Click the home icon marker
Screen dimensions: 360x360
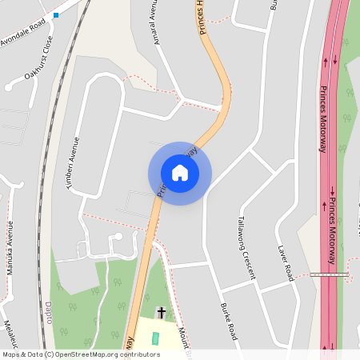(180, 173)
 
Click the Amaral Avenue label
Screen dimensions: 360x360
(154, 22)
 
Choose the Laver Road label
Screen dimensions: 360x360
(284, 262)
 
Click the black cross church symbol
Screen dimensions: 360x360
(161, 312)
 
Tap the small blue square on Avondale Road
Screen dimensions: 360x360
(56, 15)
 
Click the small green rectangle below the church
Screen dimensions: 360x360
(156, 338)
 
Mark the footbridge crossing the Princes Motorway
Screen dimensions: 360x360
(330, 274)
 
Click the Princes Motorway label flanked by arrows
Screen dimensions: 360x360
(331, 218)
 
